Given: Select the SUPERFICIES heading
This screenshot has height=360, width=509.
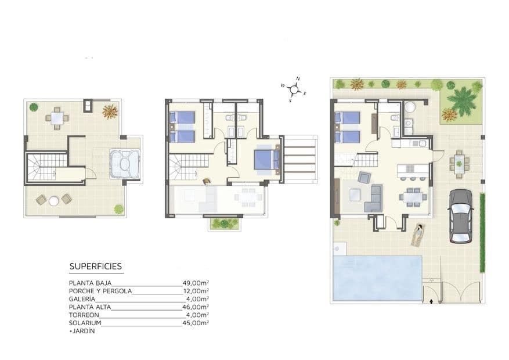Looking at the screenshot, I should (95, 267).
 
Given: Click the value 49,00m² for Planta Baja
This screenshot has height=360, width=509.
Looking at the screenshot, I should (196, 283).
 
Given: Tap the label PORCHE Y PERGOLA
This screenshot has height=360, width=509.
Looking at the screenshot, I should (100, 291).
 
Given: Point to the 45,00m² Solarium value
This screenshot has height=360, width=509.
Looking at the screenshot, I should (196, 323).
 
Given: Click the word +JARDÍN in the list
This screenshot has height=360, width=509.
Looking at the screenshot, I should (81, 331).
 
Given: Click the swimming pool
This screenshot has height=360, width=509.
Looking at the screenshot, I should (376, 278).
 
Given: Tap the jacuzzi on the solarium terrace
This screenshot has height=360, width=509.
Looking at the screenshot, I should (124, 163).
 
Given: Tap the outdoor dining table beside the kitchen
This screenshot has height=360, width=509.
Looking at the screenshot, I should (460, 163).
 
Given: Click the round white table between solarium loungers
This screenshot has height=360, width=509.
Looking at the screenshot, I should (54, 200).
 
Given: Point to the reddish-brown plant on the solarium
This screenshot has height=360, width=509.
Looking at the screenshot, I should (110, 111).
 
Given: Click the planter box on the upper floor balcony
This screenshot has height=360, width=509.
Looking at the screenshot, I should (223, 223).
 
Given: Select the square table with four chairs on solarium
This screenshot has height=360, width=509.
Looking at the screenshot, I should (56, 118).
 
